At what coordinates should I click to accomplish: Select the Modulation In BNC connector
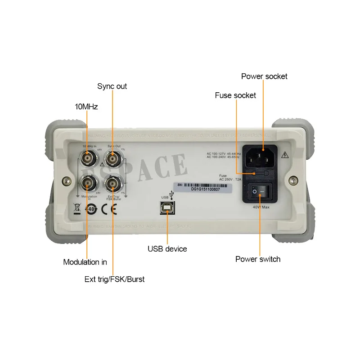[x=87, y=184]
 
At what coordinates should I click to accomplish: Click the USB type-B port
[x=167, y=208]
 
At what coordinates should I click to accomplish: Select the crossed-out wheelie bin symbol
[x=77, y=209]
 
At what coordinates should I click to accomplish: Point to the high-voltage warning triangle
[x=284, y=156]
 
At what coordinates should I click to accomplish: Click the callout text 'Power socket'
[x=264, y=76]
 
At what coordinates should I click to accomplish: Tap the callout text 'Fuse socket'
[x=235, y=95]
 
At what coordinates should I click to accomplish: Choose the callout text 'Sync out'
[x=112, y=86]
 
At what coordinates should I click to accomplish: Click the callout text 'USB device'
[x=167, y=249]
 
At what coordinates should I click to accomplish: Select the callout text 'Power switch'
[x=258, y=259]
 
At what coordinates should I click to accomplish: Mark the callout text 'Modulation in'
[x=85, y=262]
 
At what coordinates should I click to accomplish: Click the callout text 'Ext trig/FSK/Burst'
[x=114, y=279]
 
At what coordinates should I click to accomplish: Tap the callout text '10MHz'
[x=86, y=107]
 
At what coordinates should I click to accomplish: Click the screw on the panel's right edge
[x=293, y=180]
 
